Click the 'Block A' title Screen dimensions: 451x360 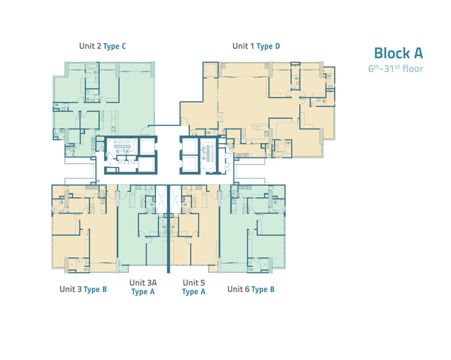[399, 53]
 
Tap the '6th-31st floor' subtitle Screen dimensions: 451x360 [396, 69]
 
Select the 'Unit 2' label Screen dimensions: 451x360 [91, 46]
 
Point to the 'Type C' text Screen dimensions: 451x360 [115, 46]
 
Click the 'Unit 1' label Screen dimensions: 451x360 [243, 46]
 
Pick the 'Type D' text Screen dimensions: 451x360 [268, 46]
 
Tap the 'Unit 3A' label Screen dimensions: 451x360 [143, 283]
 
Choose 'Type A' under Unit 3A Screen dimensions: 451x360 [143, 292]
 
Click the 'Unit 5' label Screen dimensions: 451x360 [194, 283]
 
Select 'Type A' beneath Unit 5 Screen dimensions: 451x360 [194, 292]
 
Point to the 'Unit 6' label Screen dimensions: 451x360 [238, 289]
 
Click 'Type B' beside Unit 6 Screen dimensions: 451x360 [263, 289]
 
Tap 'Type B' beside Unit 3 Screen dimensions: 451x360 [95, 289]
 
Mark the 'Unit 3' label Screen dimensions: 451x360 [70, 289]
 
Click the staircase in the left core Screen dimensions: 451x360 [122, 147]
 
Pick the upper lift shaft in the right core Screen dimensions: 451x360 [190, 147]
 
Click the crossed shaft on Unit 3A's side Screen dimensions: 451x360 [161, 199]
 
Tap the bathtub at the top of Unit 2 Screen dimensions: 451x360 [92, 67]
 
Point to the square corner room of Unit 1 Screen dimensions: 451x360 [210, 69]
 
